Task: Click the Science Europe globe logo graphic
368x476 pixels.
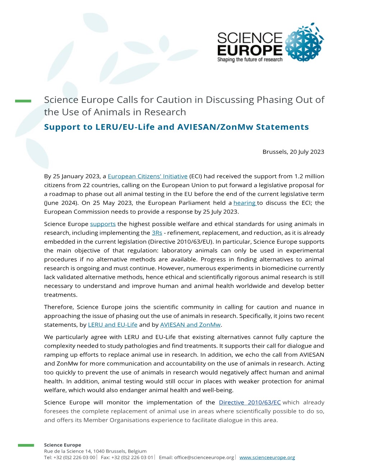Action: coord(304,42)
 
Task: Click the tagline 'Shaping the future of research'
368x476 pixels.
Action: coord(250,60)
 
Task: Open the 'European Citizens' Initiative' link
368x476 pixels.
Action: coord(147,176)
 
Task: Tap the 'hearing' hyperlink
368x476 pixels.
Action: coord(244,203)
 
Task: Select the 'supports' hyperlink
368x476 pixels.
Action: coord(103,224)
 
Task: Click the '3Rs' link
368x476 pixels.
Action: coord(157,233)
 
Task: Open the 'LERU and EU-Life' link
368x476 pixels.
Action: coord(112,325)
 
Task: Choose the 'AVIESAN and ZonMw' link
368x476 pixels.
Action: coord(190,325)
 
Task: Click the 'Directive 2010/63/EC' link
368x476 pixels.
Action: coord(249,402)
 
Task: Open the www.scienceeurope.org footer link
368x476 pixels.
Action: coord(267,457)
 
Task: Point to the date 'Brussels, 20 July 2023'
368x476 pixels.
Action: coord(293,152)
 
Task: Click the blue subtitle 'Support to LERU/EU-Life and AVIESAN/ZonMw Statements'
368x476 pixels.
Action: coord(176,127)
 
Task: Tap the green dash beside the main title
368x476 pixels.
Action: coord(23,101)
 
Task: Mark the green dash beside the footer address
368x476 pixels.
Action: coord(26,445)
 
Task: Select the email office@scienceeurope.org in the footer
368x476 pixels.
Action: coord(204,457)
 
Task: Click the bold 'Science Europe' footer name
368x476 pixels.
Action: coord(63,445)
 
